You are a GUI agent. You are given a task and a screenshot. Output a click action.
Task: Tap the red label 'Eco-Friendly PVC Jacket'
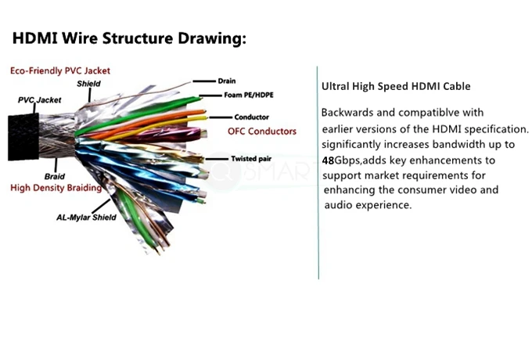point(59,70)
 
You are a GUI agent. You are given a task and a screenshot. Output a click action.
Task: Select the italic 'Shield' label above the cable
point(88,84)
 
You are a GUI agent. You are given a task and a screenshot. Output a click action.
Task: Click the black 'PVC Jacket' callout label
point(39,100)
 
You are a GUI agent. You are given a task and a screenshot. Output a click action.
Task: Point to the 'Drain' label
point(228,81)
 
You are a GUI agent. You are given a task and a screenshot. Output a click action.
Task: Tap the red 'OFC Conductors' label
point(261,131)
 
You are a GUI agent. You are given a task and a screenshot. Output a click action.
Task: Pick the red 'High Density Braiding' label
point(56,188)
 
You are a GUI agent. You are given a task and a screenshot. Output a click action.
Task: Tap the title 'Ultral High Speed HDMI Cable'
point(396,86)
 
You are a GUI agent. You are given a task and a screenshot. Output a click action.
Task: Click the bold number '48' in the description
point(328,160)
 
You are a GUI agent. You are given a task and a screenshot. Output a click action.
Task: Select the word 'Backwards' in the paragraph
point(348,112)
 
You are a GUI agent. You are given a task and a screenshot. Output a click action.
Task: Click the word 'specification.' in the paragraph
point(496,128)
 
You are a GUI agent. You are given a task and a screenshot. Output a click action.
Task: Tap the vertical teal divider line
point(318,172)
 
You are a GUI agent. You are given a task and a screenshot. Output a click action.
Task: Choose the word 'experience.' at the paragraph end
point(384,205)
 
